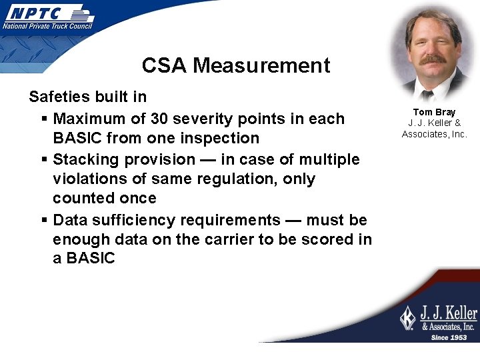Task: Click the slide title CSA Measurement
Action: pos(235,65)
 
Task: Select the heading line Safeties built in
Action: pos(87,97)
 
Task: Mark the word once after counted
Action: pos(137,198)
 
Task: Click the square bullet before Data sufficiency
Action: pos(43,220)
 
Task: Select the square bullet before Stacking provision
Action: pos(43,159)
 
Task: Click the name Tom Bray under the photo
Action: pos(434,112)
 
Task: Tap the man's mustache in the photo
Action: pos(433,59)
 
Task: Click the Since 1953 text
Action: pos(449,337)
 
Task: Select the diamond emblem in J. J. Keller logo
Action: pos(407,317)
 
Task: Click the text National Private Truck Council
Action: pos(47,26)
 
